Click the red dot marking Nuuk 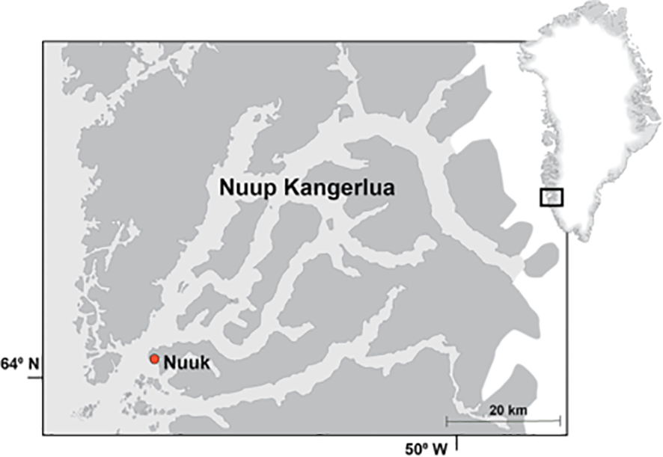[154, 360]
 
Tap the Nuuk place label [186, 364]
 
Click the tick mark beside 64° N [35, 377]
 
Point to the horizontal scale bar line [503, 421]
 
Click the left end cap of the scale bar [447, 421]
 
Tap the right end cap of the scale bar [560, 421]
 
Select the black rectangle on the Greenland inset [552, 197]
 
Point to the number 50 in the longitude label [415, 448]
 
